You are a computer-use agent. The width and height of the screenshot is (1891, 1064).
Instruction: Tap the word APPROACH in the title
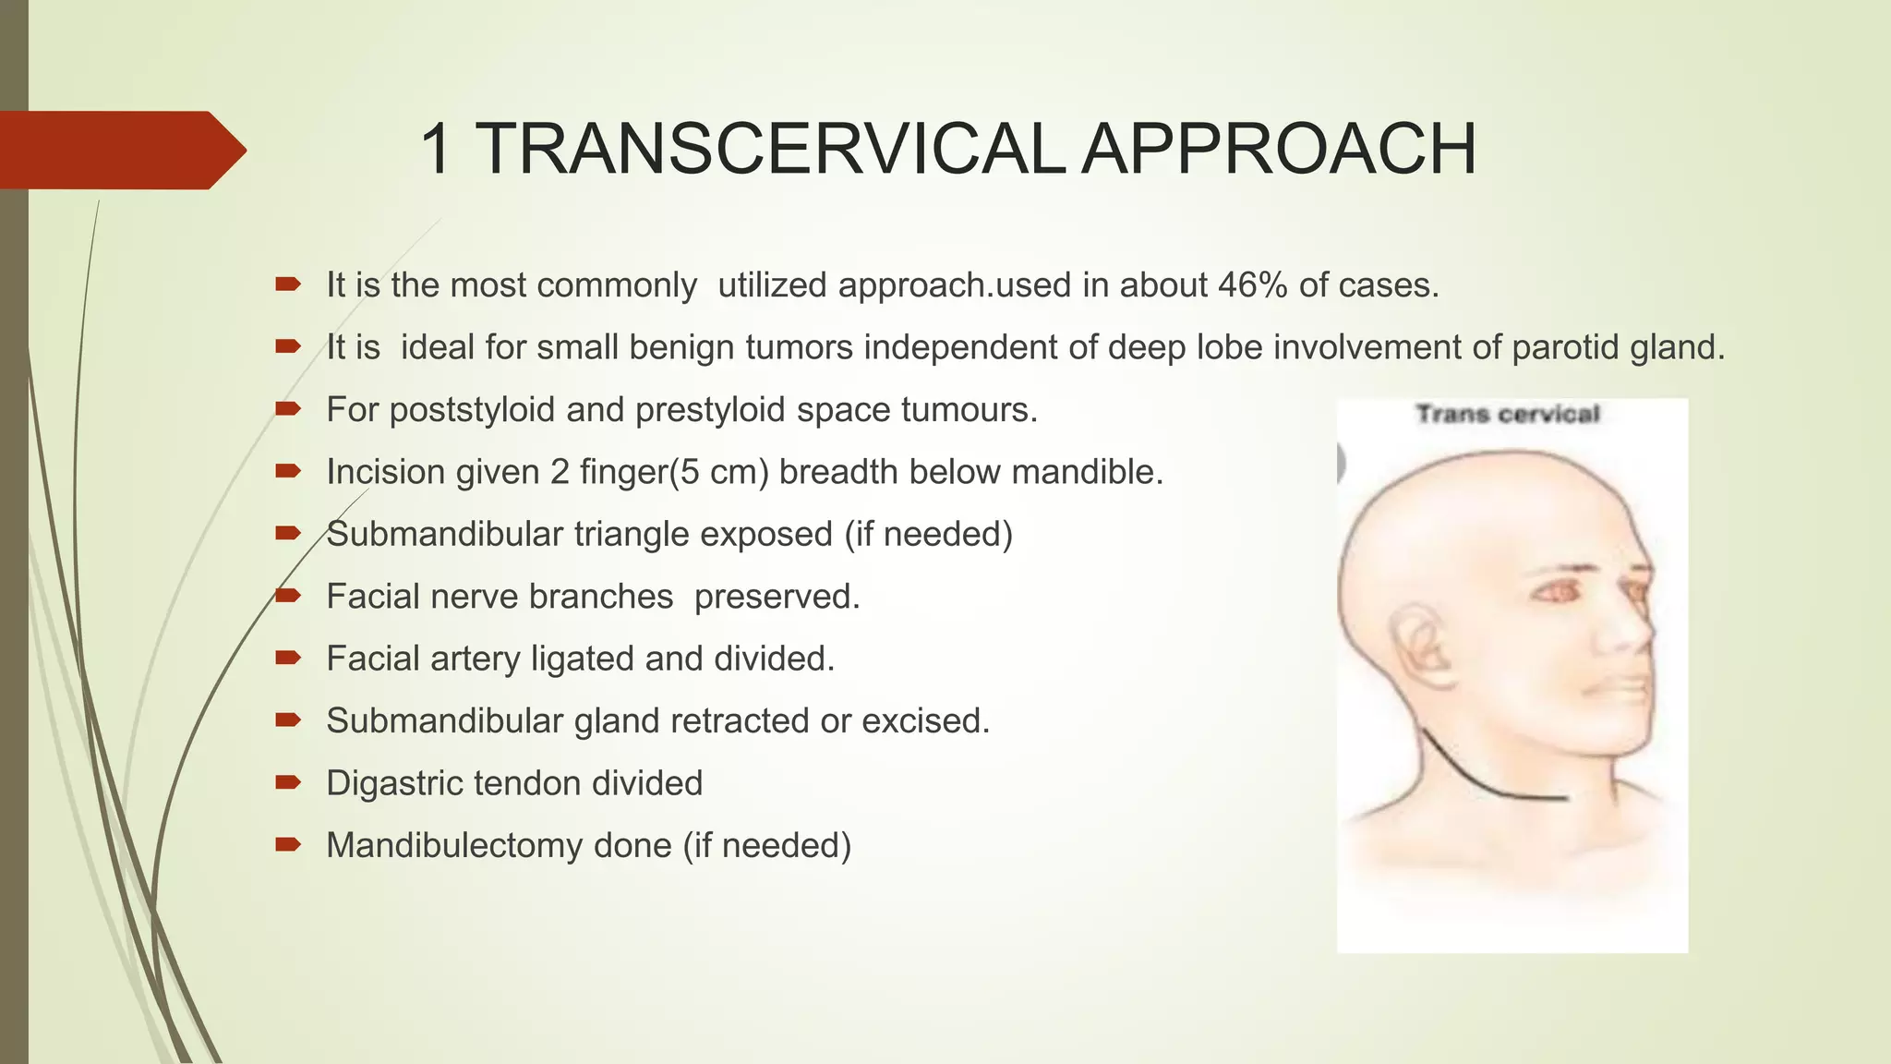tap(1278, 149)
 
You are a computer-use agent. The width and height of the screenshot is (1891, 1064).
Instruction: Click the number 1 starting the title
tap(436, 149)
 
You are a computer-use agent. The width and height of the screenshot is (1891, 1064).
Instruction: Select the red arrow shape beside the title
tap(120, 150)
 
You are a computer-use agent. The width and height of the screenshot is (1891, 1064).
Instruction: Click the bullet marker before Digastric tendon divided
tap(288, 783)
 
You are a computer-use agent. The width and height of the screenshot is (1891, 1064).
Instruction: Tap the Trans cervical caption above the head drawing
tap(1508, 414)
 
